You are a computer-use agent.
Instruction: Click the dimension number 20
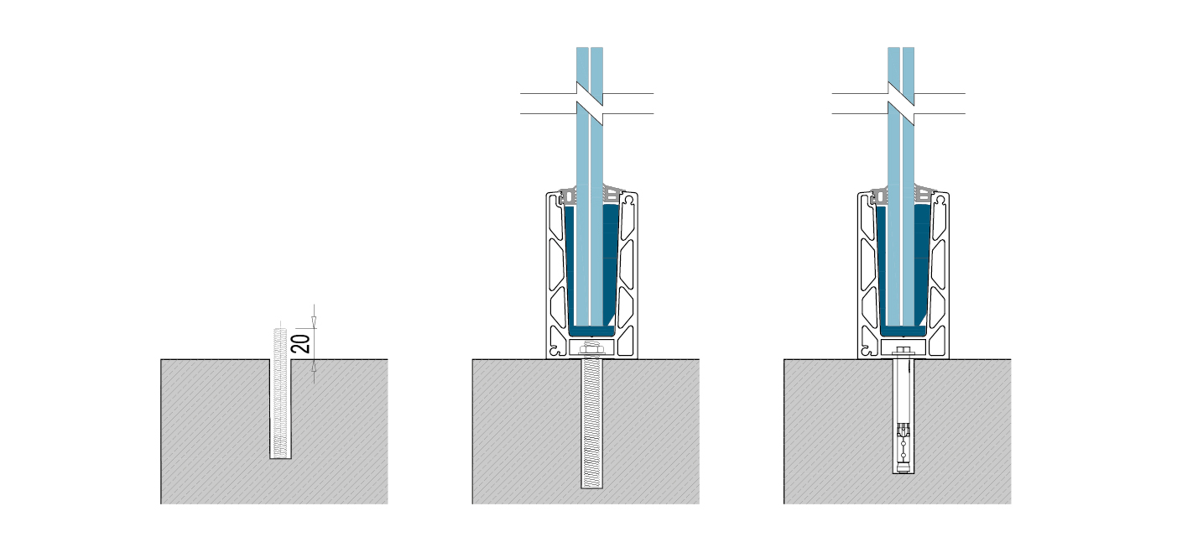(x=300, y=343)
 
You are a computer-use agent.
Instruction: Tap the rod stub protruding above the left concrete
(x=280, y=343)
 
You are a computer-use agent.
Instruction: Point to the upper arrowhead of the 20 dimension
(x=314, y=322)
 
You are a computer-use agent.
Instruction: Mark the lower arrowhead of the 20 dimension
(x=314, y=365)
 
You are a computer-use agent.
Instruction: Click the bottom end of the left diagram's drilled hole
(x=280, y=458)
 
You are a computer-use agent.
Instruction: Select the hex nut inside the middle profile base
(x=591, y=348)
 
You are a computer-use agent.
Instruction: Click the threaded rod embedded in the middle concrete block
(x=591, y=423)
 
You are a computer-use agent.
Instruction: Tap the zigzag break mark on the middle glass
(x=590, y=103)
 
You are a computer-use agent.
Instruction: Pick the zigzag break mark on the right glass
(x=901, y=103)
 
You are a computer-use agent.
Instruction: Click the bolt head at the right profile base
(x=903, y=350)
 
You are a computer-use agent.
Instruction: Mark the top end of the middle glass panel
(x=590, y=48)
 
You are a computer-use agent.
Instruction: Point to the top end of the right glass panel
(x=901, y=48)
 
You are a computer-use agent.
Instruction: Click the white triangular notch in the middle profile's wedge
(x=612, y=319)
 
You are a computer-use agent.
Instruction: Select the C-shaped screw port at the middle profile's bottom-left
(x=553, y=350)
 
